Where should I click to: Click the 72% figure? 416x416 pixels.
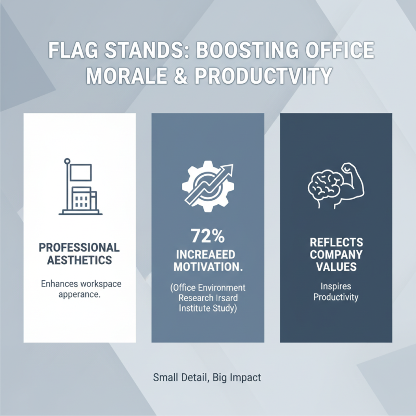(207, 237)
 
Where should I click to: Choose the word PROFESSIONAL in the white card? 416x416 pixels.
(80, 248)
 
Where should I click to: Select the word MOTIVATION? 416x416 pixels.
(207, 267)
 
